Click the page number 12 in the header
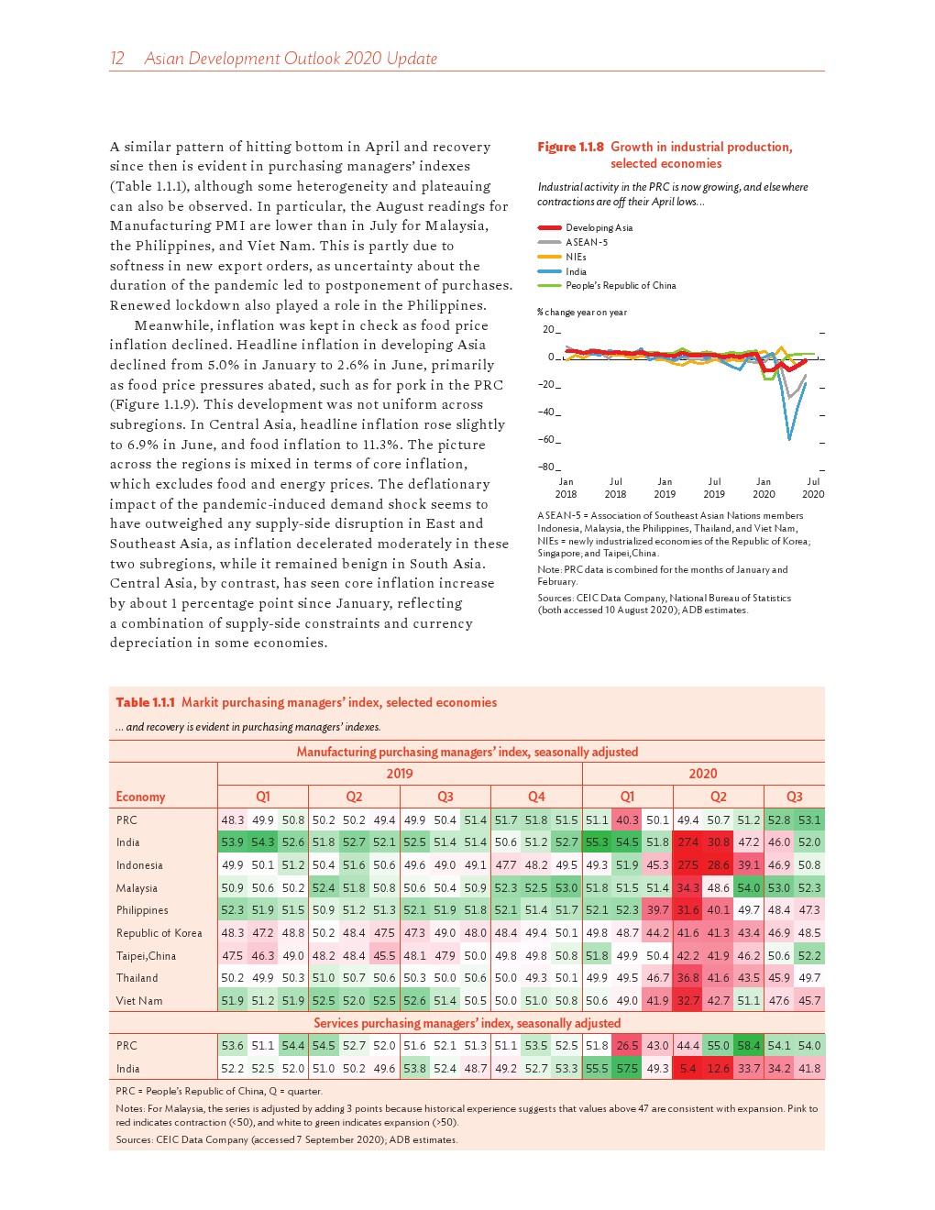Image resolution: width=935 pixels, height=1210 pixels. [117, 59]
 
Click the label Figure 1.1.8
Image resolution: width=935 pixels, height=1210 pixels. [570, 147]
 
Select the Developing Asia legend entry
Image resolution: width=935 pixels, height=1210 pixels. [599, 227]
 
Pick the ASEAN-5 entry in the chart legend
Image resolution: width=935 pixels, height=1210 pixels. [586, 242]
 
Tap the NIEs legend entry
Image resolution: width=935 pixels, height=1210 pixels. [576, 257]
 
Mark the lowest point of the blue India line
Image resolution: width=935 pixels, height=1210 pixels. [789, 439]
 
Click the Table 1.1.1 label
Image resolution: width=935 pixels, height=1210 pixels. [146, 702]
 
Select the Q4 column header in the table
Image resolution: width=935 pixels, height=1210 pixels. [536, 797]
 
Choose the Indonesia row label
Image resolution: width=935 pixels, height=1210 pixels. [139, 865]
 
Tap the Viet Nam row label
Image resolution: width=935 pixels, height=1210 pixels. [139, 1001]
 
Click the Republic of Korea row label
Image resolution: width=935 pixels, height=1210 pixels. [159, 933]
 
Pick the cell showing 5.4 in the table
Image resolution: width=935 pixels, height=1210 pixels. [687, 1068]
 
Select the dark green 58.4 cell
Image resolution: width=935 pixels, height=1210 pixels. [748, 1046]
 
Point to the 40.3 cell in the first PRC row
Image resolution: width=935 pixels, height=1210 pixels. [627, 820]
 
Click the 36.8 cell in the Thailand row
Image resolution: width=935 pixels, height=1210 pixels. [687, 978]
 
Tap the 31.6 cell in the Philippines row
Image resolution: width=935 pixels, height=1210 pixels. [687, 910]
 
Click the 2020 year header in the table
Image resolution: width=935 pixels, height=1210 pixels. [703, 774]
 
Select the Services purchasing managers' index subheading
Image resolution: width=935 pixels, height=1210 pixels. [467, 1023]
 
